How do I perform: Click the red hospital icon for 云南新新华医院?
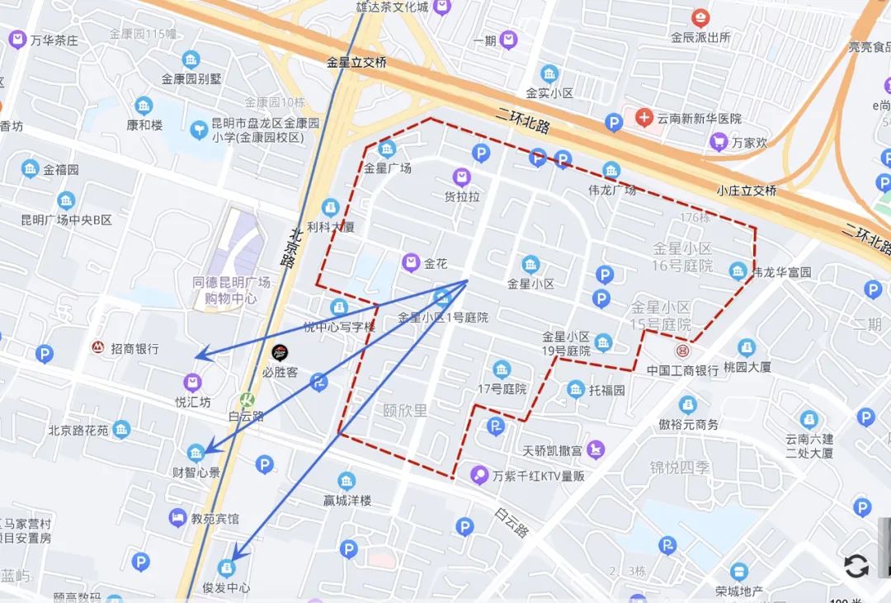pos(644,118)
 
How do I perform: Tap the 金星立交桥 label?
pos(356,62)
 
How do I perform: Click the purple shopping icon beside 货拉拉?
pos(462,177)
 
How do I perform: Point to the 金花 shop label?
pos(436,264)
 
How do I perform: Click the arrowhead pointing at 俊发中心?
pos(234,558)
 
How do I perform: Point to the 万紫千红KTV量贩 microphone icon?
pos(478,475)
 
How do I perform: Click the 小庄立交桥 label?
pos(746,191)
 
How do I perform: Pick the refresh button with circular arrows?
pos(856,566)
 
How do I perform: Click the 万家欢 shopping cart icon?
pos(719,142)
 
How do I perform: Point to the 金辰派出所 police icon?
pos(700,17)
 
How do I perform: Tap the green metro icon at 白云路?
pos(245,398)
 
